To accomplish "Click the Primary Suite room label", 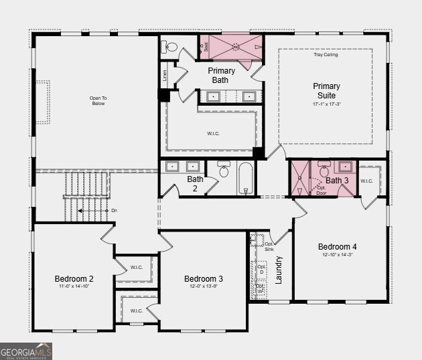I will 326,91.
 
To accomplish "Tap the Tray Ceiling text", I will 326,55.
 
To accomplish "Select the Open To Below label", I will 98,101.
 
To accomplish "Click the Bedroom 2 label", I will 74,279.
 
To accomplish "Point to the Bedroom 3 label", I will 204,279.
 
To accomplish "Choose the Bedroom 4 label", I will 338,247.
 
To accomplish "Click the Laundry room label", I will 279,269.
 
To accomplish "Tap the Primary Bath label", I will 221,76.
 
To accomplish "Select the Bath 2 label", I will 195,184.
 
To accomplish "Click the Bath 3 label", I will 337,181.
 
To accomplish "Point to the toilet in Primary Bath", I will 170,47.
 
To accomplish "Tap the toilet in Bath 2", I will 224,170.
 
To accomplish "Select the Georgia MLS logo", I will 26,351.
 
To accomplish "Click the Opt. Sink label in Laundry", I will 269,246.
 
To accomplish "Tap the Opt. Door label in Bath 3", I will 322,189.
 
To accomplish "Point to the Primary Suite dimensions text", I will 326,104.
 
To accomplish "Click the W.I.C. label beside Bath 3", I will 367,181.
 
